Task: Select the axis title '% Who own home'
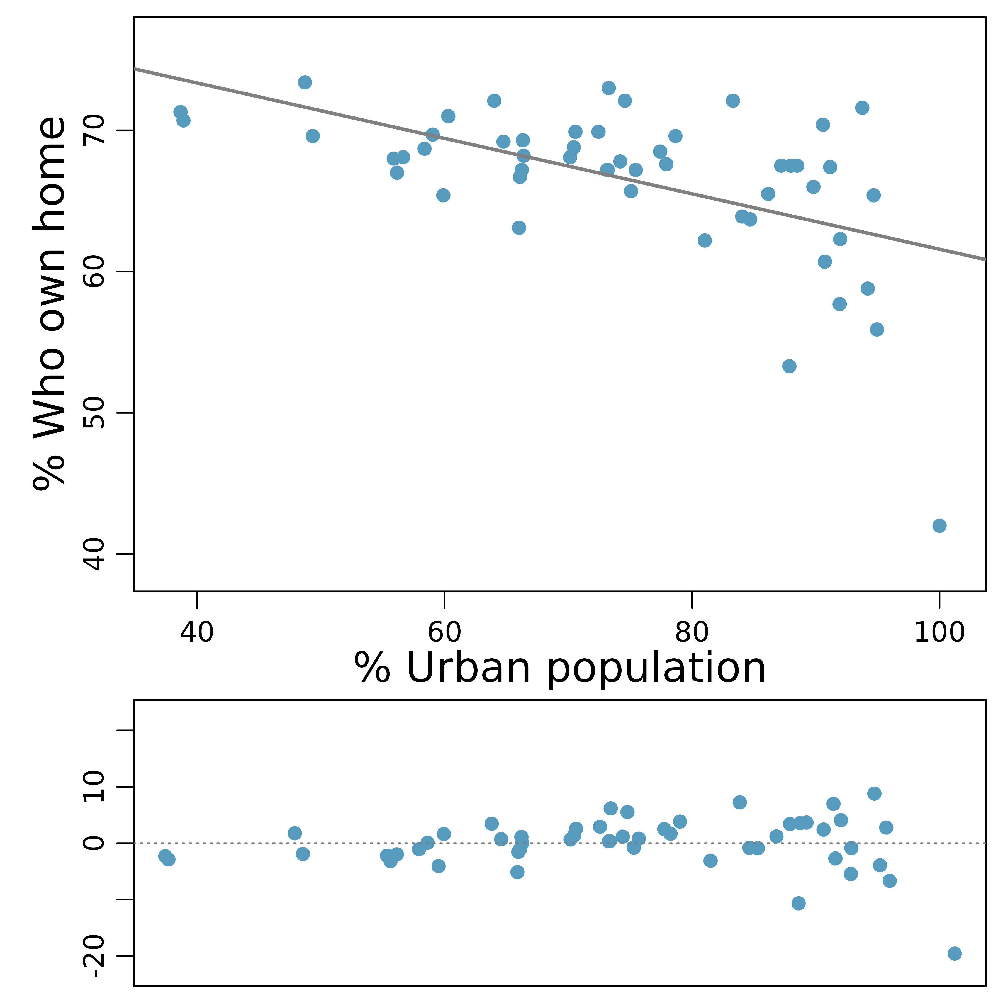coord(49,304)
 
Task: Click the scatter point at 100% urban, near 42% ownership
coord(939,526)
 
